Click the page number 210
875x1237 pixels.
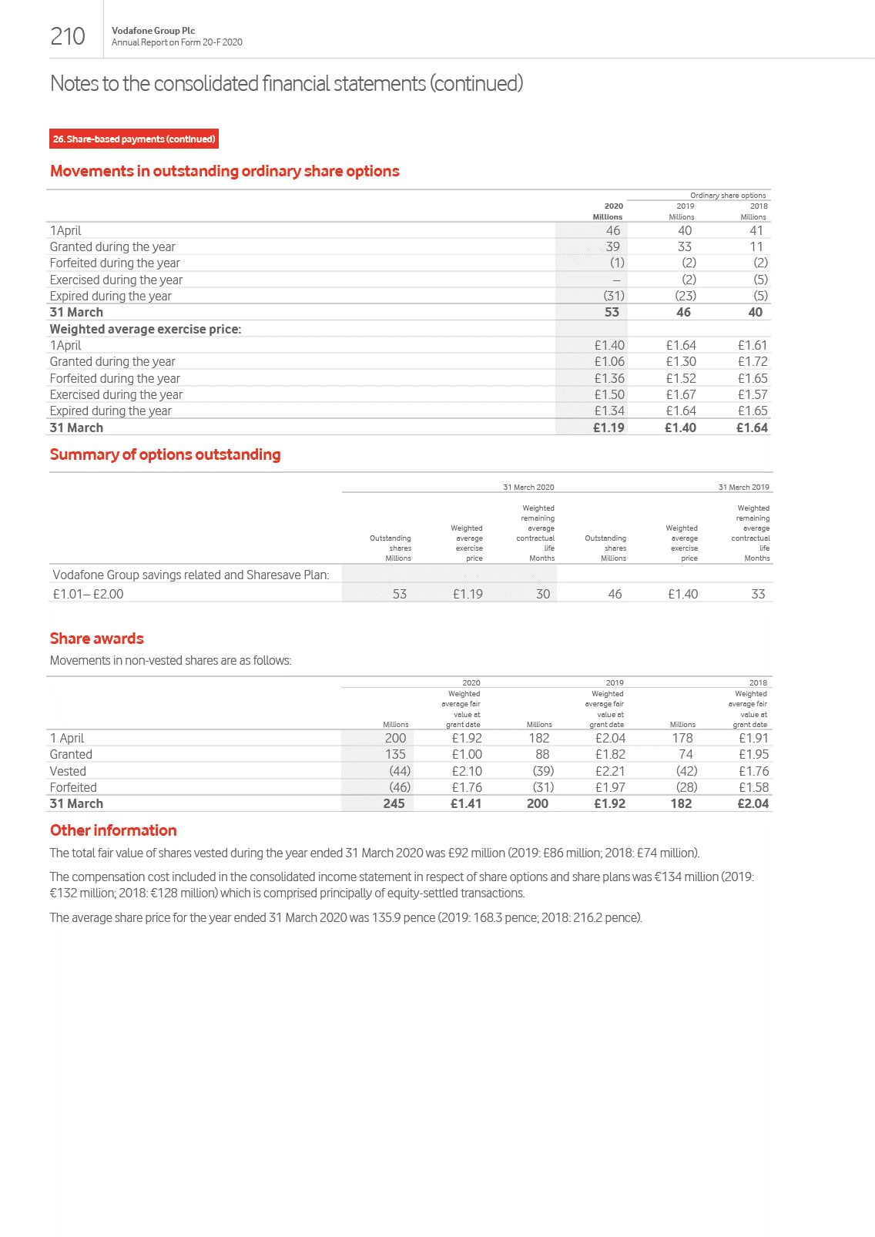[68, 36]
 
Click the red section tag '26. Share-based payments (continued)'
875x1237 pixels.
[134, 139]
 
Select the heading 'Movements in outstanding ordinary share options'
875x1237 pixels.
[224, 171]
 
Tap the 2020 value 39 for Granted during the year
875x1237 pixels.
[612, 246]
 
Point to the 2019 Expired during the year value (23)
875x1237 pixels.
[686, 296]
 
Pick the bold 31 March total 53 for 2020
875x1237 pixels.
[612, 312]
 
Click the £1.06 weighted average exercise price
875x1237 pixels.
[609, 361]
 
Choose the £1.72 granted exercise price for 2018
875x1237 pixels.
[753, 361]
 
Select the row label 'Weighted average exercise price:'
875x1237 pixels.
[146, 329]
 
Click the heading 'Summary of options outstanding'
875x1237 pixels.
[165, 454]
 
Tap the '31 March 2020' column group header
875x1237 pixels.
[528, 487]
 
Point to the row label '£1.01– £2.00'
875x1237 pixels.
[88, 594]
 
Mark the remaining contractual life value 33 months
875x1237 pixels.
[758, 594]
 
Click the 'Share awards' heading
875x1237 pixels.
[97, 639]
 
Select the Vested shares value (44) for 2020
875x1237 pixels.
[400, 771]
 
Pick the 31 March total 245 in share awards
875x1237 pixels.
[394, 803]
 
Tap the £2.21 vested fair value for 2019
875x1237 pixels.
[610, 771]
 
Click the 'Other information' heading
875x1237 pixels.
[113, 830]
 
